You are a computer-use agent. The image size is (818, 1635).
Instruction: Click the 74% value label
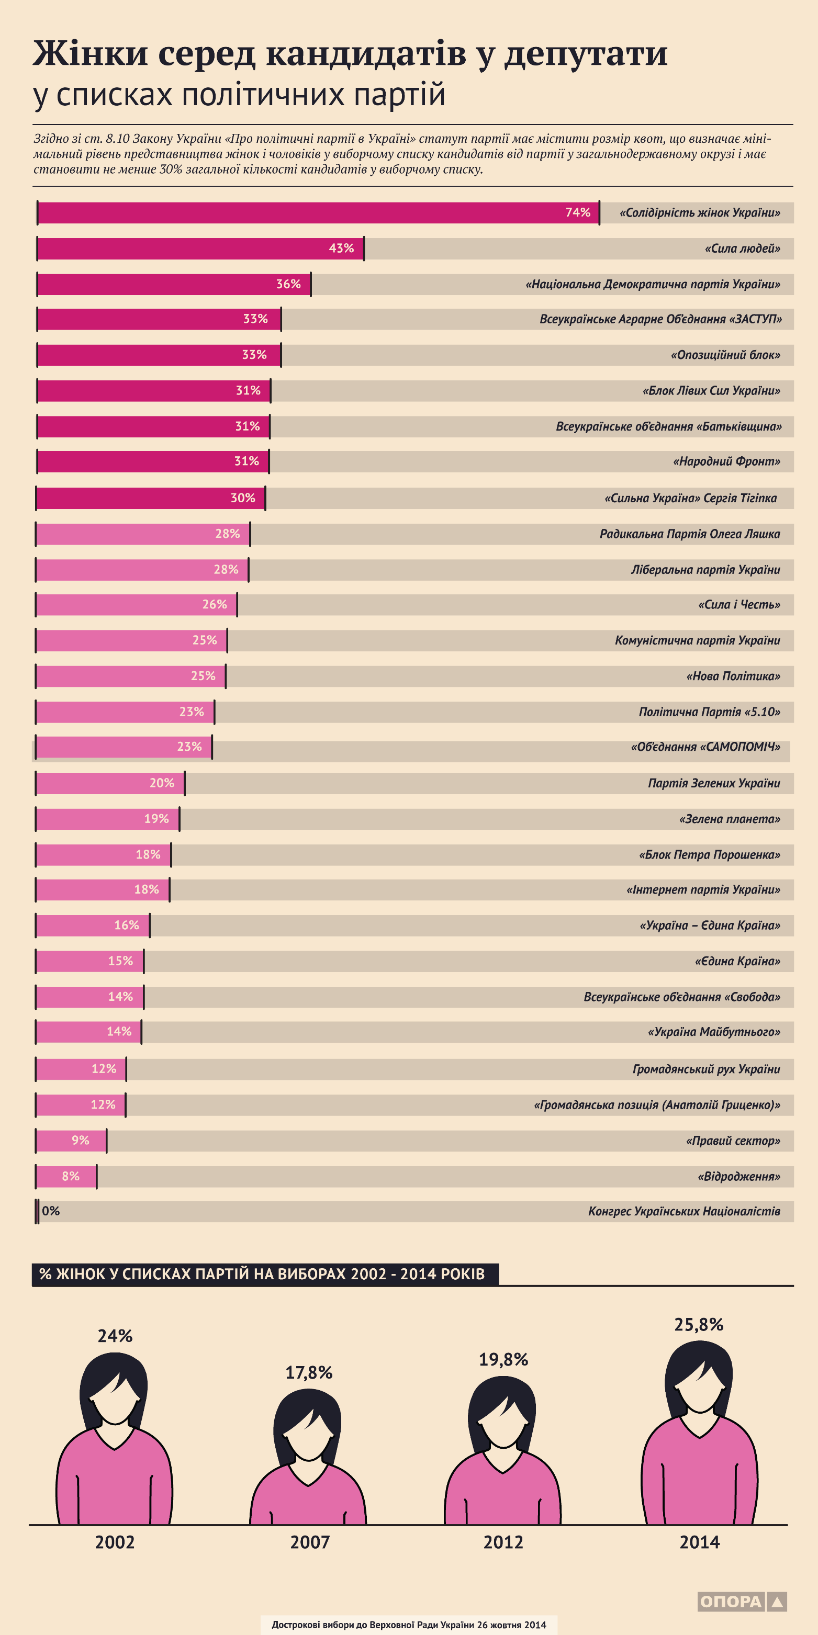577,212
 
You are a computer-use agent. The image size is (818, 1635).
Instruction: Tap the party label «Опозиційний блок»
725,355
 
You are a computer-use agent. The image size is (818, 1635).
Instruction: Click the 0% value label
51,1211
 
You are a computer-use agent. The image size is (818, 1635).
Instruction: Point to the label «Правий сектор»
733,1141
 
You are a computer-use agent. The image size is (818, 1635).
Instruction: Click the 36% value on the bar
288,284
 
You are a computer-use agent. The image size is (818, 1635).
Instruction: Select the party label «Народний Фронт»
726,461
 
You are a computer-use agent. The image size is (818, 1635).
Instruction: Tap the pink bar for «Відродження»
66,1176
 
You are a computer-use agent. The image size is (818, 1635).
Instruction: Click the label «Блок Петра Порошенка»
709,855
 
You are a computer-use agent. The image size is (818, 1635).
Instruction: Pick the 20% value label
161,783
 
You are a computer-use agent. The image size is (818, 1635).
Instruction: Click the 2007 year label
309,1542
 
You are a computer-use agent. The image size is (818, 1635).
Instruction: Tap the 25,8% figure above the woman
699,1325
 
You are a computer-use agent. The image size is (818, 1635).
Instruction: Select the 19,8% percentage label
503,1360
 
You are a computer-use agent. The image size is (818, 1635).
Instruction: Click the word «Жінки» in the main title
90,53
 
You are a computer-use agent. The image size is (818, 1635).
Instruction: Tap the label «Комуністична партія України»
697,640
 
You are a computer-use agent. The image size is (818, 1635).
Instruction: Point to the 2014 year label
699,1542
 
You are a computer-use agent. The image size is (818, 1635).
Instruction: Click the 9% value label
80,1141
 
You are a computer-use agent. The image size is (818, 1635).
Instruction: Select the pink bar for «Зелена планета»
107,819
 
